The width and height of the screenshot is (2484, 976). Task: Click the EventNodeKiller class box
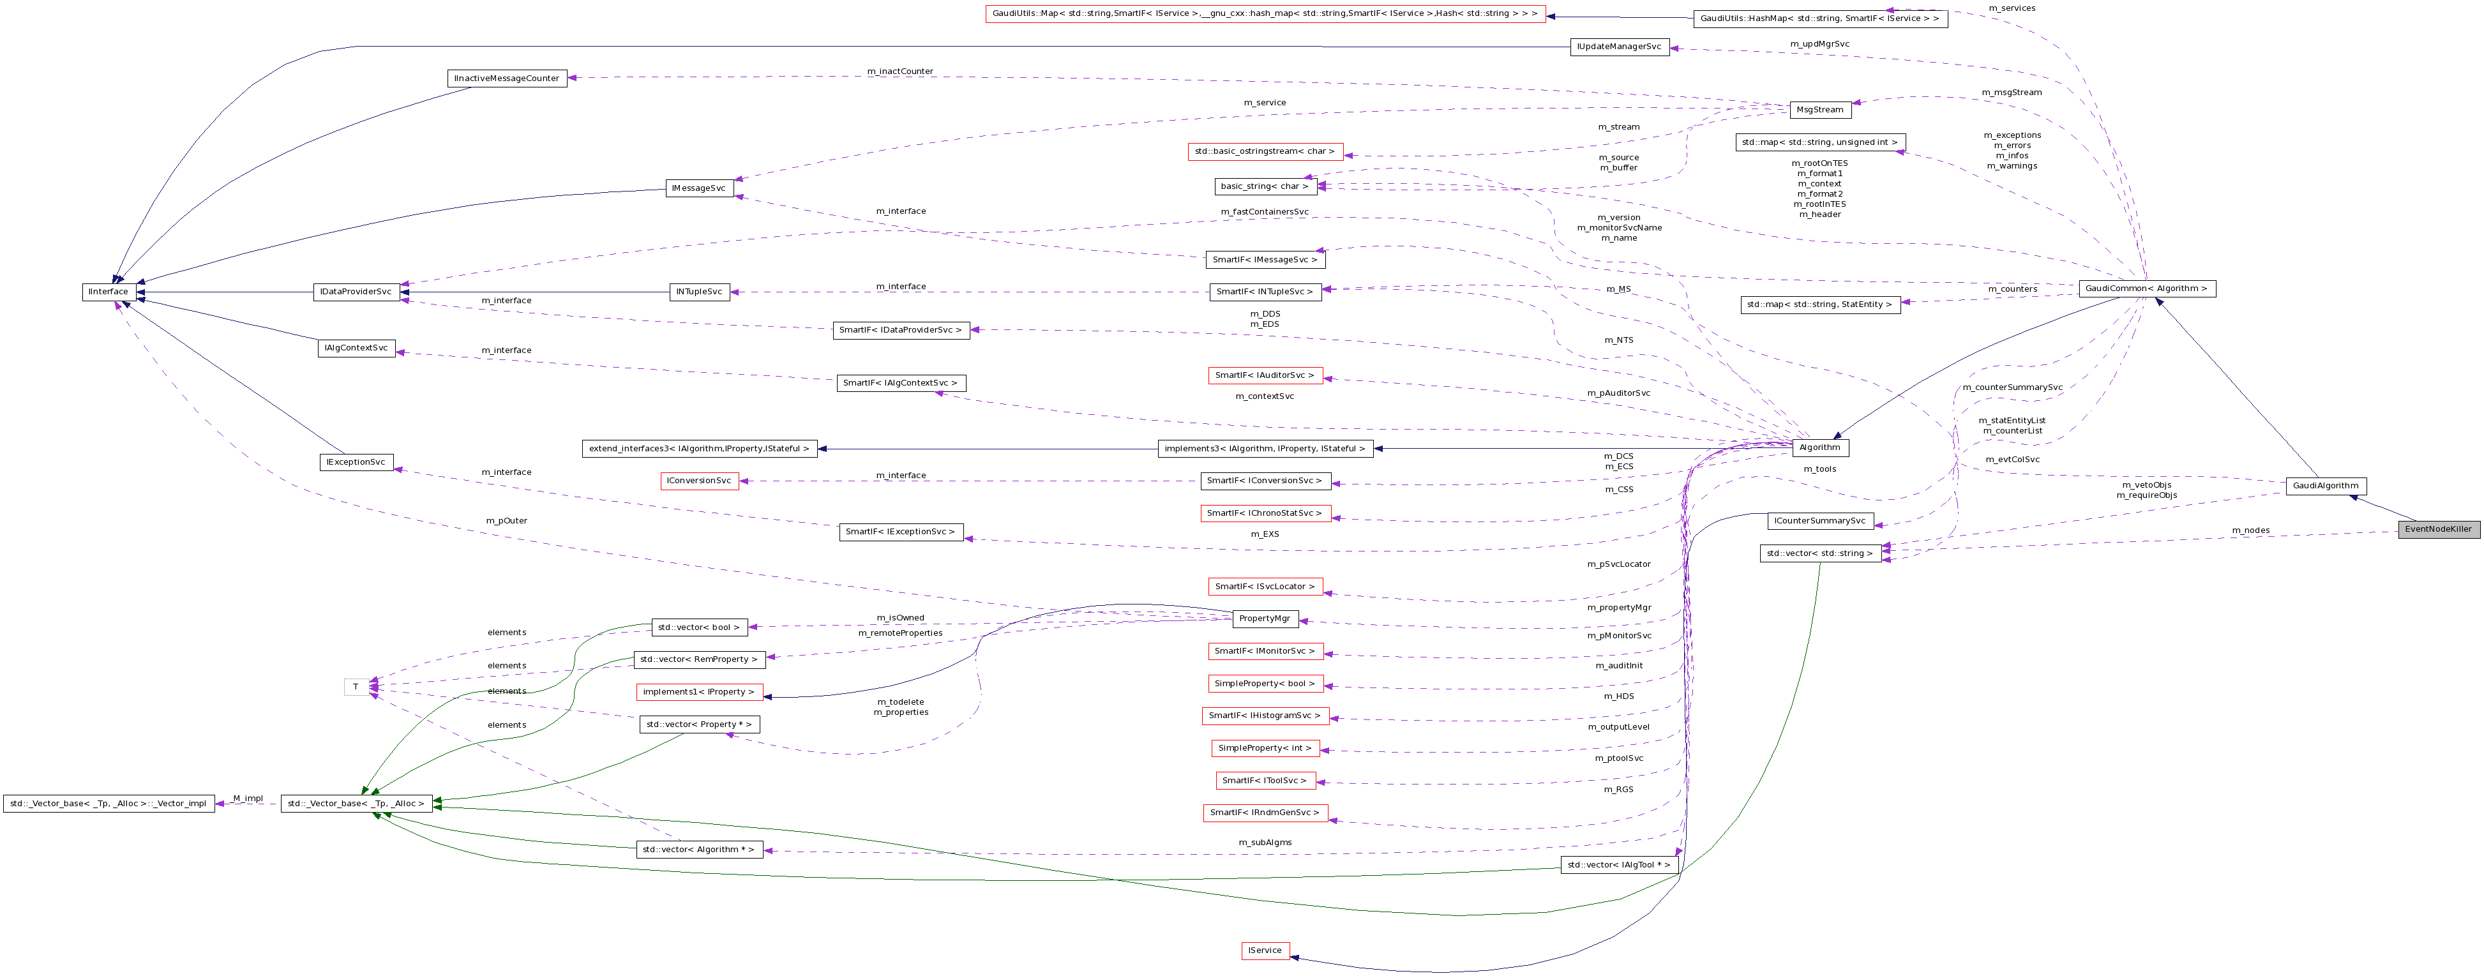(2437, 529)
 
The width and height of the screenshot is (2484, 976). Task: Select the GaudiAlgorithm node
(2325, 486)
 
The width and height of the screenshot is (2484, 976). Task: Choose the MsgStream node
(1819, 110)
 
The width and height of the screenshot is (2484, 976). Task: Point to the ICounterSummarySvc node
(1819, 522)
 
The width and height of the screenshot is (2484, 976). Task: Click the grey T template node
(356, 687)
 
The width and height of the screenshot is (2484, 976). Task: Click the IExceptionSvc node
(356, 463)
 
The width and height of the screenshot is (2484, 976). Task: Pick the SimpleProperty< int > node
(1264, 748)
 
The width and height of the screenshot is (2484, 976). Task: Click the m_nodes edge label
(2250, 530)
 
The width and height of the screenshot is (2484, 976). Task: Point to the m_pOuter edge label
(506, 521)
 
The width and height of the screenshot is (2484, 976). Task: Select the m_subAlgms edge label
(1264, 843)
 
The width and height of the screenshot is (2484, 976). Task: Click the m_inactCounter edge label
(900, 71)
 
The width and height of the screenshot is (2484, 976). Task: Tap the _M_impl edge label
(247, 799)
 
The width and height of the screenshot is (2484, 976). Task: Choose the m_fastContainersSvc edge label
(1264, 212)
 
